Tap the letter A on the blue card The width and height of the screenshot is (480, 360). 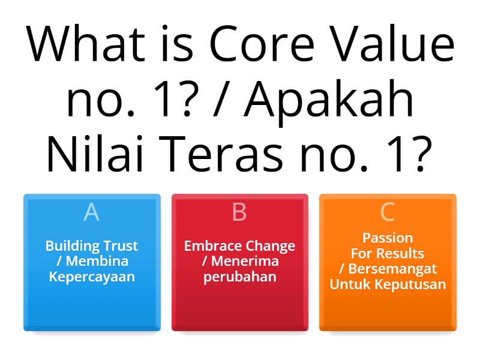(91, 212)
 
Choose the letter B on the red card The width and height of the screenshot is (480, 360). (239, 212)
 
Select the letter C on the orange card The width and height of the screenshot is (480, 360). (388, 212)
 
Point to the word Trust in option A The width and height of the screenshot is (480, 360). (119, 246)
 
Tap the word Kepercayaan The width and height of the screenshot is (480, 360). (92, 277)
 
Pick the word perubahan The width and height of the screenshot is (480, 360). (239, 277)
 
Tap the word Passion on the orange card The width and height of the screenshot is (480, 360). (388, 238)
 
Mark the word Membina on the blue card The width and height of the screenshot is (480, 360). (97, 262)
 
